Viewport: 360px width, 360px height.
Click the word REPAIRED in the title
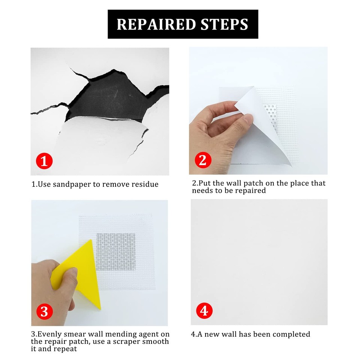pyautogui.click(x=156, y=24)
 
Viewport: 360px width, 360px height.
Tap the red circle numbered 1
pyautogui.click(x=44, y=161)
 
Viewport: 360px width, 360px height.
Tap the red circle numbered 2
pyautogui.click(x=203, y=160)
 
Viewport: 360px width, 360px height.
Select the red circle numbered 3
pyautogui.click(x=44, y=312)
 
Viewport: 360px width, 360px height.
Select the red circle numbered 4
pyautogui.click(x=204, y=311)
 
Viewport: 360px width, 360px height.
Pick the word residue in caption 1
pyautogui.click(x=144, y=184)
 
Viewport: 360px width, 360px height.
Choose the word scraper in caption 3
pyautogui.click(x=134, y=342)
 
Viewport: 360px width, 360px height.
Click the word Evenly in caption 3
pyautogui.click(x=50, y=334)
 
